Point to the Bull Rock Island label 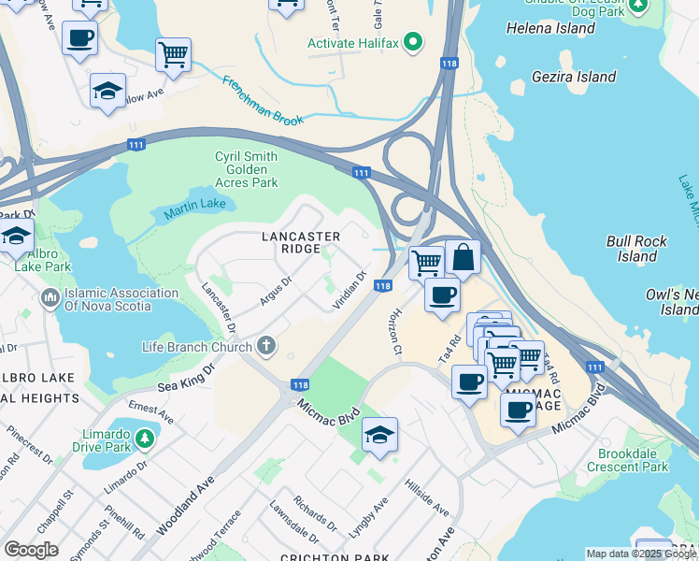point(637,249)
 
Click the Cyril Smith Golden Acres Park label point(247,169)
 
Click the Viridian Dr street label point(349,289)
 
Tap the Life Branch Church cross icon point(266,347)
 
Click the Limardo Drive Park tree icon point(144,438)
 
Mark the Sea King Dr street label point(186,375)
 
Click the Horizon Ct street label point(395,332)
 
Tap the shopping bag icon point(463,257)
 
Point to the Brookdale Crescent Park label point(633,459)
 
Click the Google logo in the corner point(32,550)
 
